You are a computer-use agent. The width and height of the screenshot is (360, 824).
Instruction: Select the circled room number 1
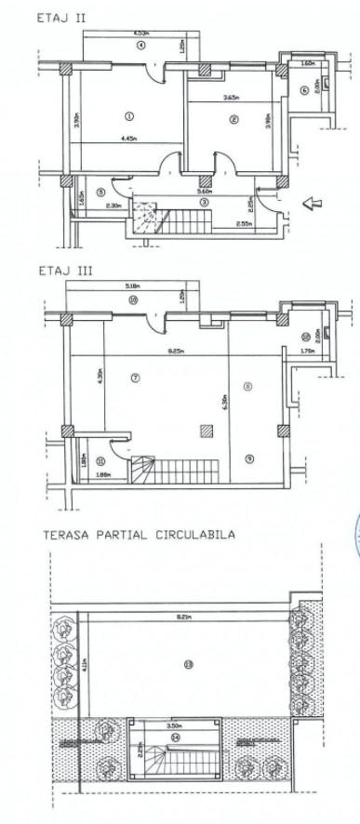(x=128, y=116)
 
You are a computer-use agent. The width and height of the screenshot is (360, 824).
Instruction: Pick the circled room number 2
(x=233, y=118)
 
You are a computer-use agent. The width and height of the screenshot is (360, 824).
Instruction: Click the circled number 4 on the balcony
(x=141, y=46)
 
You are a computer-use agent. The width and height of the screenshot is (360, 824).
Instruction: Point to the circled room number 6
(x=304, y=90)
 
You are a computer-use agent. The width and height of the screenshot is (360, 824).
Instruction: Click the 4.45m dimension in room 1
(x=129, y=139)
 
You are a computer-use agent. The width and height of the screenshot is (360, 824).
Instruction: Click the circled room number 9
(x=248, y=458)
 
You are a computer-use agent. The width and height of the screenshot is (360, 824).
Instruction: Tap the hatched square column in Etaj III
(x=206, y=430)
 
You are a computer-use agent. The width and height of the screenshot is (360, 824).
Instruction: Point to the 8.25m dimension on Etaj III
(x=174, y=351)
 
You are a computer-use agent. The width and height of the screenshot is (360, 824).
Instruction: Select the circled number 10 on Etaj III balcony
(x=133, y=300)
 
